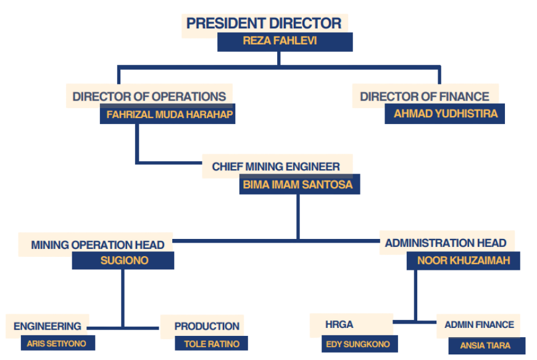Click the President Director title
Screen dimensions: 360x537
click(264, 23)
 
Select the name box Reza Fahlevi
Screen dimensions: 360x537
click(285, 42)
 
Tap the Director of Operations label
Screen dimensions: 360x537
click(149, 97)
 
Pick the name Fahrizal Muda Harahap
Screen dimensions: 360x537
click(167, 114)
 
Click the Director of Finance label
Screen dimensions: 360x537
click(425, 97)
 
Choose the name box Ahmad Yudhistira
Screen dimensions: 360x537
click(445, 114)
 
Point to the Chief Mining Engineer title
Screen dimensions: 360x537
click(276, 167)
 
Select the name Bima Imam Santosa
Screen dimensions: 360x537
click(299, 185)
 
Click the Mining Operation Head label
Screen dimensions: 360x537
click(98, 245)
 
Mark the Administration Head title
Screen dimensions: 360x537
click(446, 243)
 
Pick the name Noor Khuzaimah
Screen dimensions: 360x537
click(464, 261)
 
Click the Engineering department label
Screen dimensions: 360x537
click(48, 326)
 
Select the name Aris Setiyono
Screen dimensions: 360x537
click(57, 343)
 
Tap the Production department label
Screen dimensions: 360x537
click(207, 326)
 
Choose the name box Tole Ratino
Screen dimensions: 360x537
click(212, 343)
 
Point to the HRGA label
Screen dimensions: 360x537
click(339, 324)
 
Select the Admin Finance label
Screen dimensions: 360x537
click(479, 325)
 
